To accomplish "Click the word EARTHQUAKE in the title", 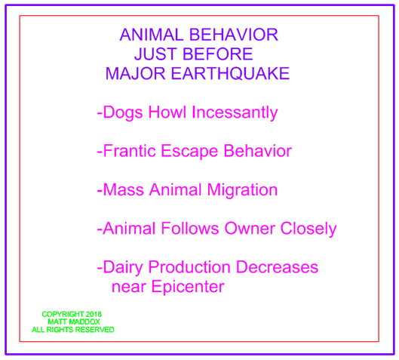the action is [x=230, y=73].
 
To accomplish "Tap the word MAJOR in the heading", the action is [x=135, y=73].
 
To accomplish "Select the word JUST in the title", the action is [x=155, y=54].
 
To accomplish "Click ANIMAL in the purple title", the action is [x=152, y=35].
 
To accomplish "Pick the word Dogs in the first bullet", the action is [x=123, y=112].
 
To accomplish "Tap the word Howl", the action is [x=167, y=112].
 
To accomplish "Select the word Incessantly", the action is [x=235, y=112].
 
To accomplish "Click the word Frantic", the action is [x=129, y=151].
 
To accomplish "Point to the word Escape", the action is [x=189, y=151].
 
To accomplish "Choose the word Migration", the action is [x=242, y=190].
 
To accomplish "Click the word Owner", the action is [x=250, y=228].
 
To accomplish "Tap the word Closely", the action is [x=308, y=229].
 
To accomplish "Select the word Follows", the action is [x=190, y=228].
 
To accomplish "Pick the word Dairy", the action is [x=123, y=268].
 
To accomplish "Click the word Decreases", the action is [x=277, y=267].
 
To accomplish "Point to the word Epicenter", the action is [x=188, y=287].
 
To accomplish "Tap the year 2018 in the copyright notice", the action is [x=94, y=314].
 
